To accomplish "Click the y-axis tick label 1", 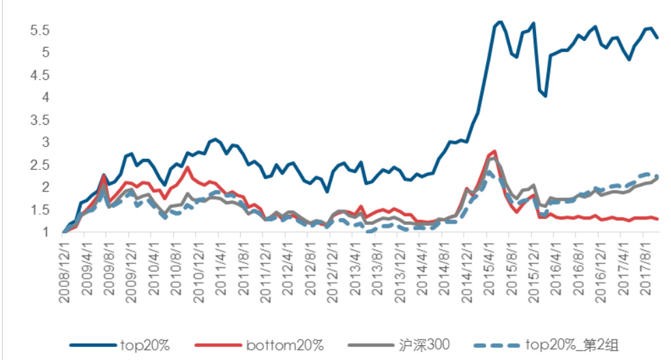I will (x=44, y=232).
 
